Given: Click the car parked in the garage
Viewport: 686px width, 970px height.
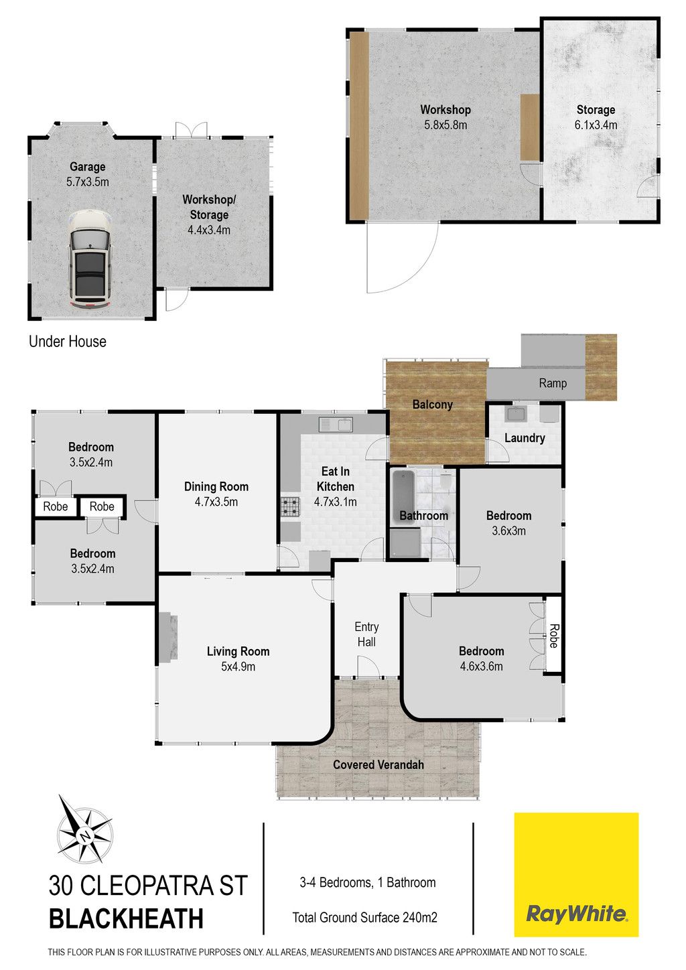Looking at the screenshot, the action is (90, 259).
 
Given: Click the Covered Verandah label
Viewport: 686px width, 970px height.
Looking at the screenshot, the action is (378, 765).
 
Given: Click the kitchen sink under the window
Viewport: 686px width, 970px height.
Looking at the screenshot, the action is (336, 425).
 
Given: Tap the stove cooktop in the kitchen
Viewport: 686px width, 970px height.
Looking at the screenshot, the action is (289, 506).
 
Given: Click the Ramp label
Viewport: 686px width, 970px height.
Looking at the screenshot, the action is (553, 383).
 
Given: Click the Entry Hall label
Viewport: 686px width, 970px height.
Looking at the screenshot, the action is (366, 634).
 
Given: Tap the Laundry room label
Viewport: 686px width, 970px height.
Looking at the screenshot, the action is (525, 438).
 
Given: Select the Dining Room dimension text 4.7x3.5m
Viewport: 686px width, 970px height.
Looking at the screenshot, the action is (216, 502).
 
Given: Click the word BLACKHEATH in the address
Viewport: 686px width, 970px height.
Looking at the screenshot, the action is (126, 919).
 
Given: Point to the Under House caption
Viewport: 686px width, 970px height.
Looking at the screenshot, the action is (68, 342).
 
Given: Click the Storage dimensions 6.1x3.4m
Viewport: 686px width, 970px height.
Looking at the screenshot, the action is (596, 125).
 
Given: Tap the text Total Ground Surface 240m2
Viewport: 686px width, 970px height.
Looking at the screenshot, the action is (364, 918).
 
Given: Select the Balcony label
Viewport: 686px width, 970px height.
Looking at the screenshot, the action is (432, 405).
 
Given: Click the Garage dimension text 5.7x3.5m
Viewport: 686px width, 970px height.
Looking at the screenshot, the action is (88, 182).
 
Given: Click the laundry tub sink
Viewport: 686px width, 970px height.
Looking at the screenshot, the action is (517, 413).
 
